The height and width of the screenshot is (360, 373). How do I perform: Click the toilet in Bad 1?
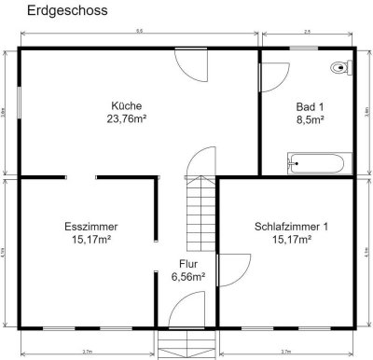pyautogui.click(x=340, y=68)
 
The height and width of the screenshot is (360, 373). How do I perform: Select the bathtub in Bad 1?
pyautogui.click(x=316, y=164)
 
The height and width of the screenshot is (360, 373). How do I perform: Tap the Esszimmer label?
pyautogui.click(x=91, y=227)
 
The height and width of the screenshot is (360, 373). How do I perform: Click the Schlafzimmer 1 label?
pyautogui.click(x=292, y=227)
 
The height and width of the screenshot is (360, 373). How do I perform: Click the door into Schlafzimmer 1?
pyautogui.click(x=224, y=270)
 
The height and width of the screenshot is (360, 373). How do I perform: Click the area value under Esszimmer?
pyautogui.click(x=91, y=240)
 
